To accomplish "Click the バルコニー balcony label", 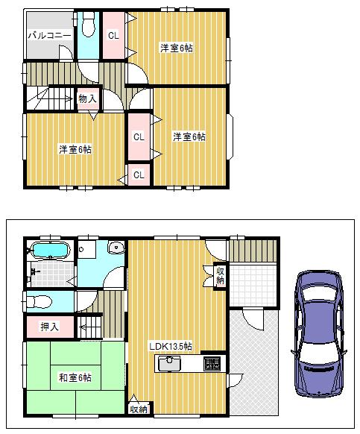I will [49, 36].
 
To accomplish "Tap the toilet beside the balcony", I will [89, 28].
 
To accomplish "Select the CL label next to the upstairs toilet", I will [113, 35].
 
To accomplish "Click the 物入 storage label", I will [87, 98].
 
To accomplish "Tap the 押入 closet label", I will [51, 326].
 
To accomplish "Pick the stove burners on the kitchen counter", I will [212, 364].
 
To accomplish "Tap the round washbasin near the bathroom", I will [116, 248].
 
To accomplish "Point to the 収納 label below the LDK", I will [139, 409].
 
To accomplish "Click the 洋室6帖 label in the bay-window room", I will [189, 136].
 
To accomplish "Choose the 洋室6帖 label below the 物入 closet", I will [75, 149].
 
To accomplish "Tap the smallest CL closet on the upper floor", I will [139, 174].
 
